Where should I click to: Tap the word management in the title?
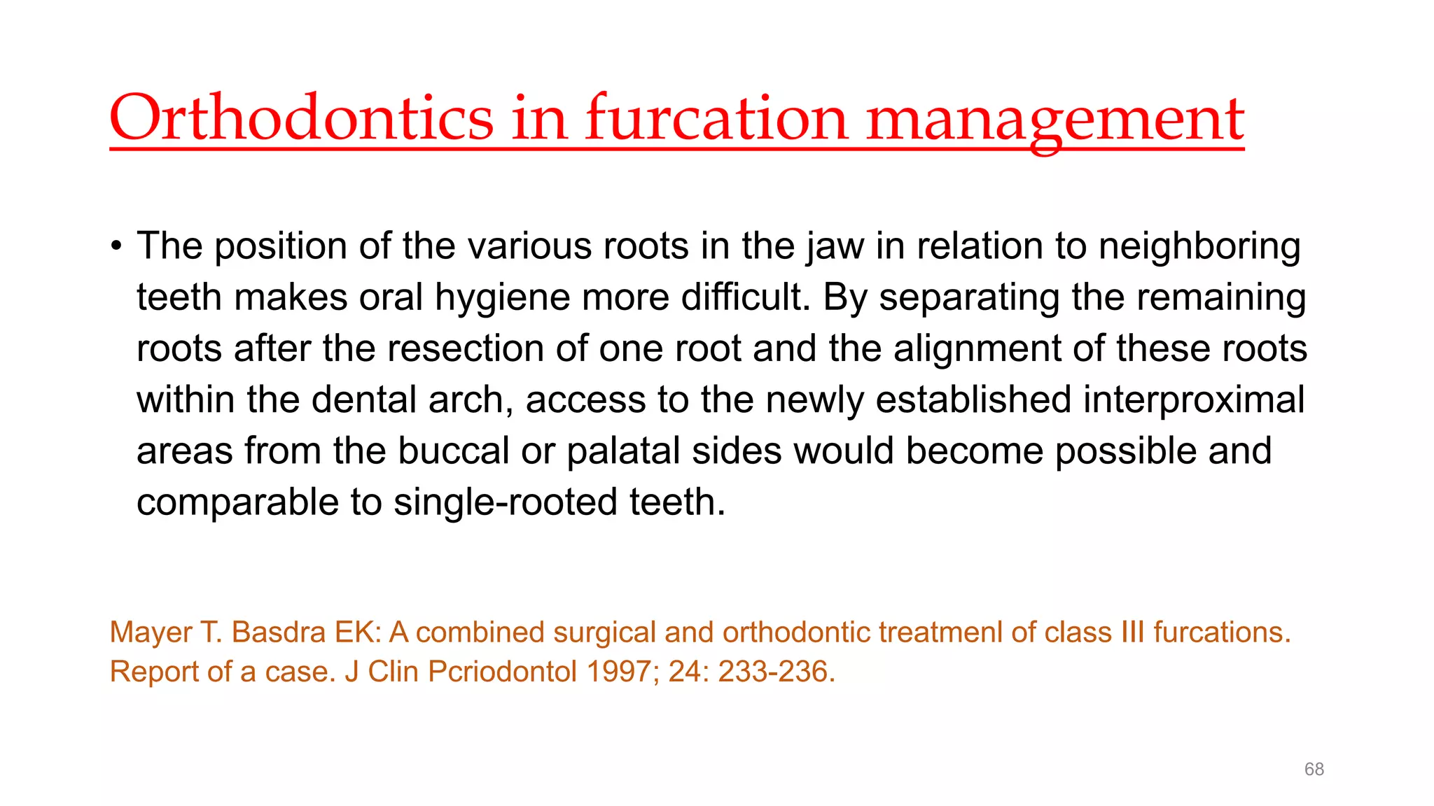point(1055,119)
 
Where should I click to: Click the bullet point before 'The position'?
point(116,246)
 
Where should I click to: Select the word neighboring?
point(1199,246)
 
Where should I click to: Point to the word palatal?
point(623,451)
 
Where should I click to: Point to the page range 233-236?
point(776,672)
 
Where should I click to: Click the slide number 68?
point(1314,770)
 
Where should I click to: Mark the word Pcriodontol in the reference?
point(503,672)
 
